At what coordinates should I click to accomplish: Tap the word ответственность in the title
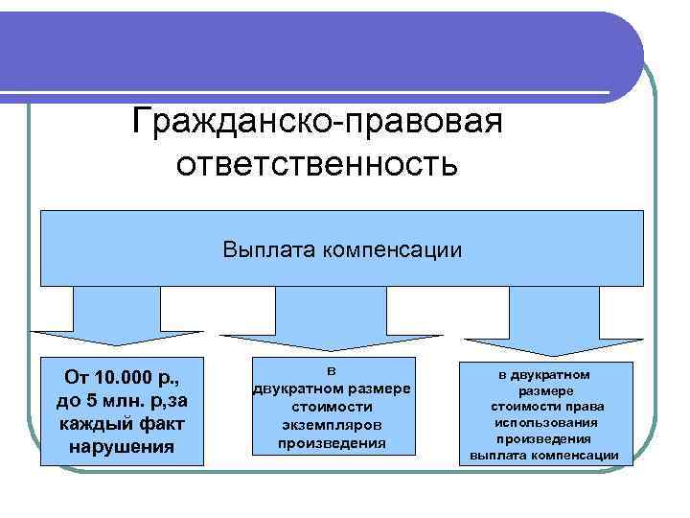(317, 165)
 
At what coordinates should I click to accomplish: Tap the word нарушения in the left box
(122, 447)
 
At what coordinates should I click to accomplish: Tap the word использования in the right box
(546, 422)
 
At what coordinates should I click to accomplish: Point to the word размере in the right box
(546, 391)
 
